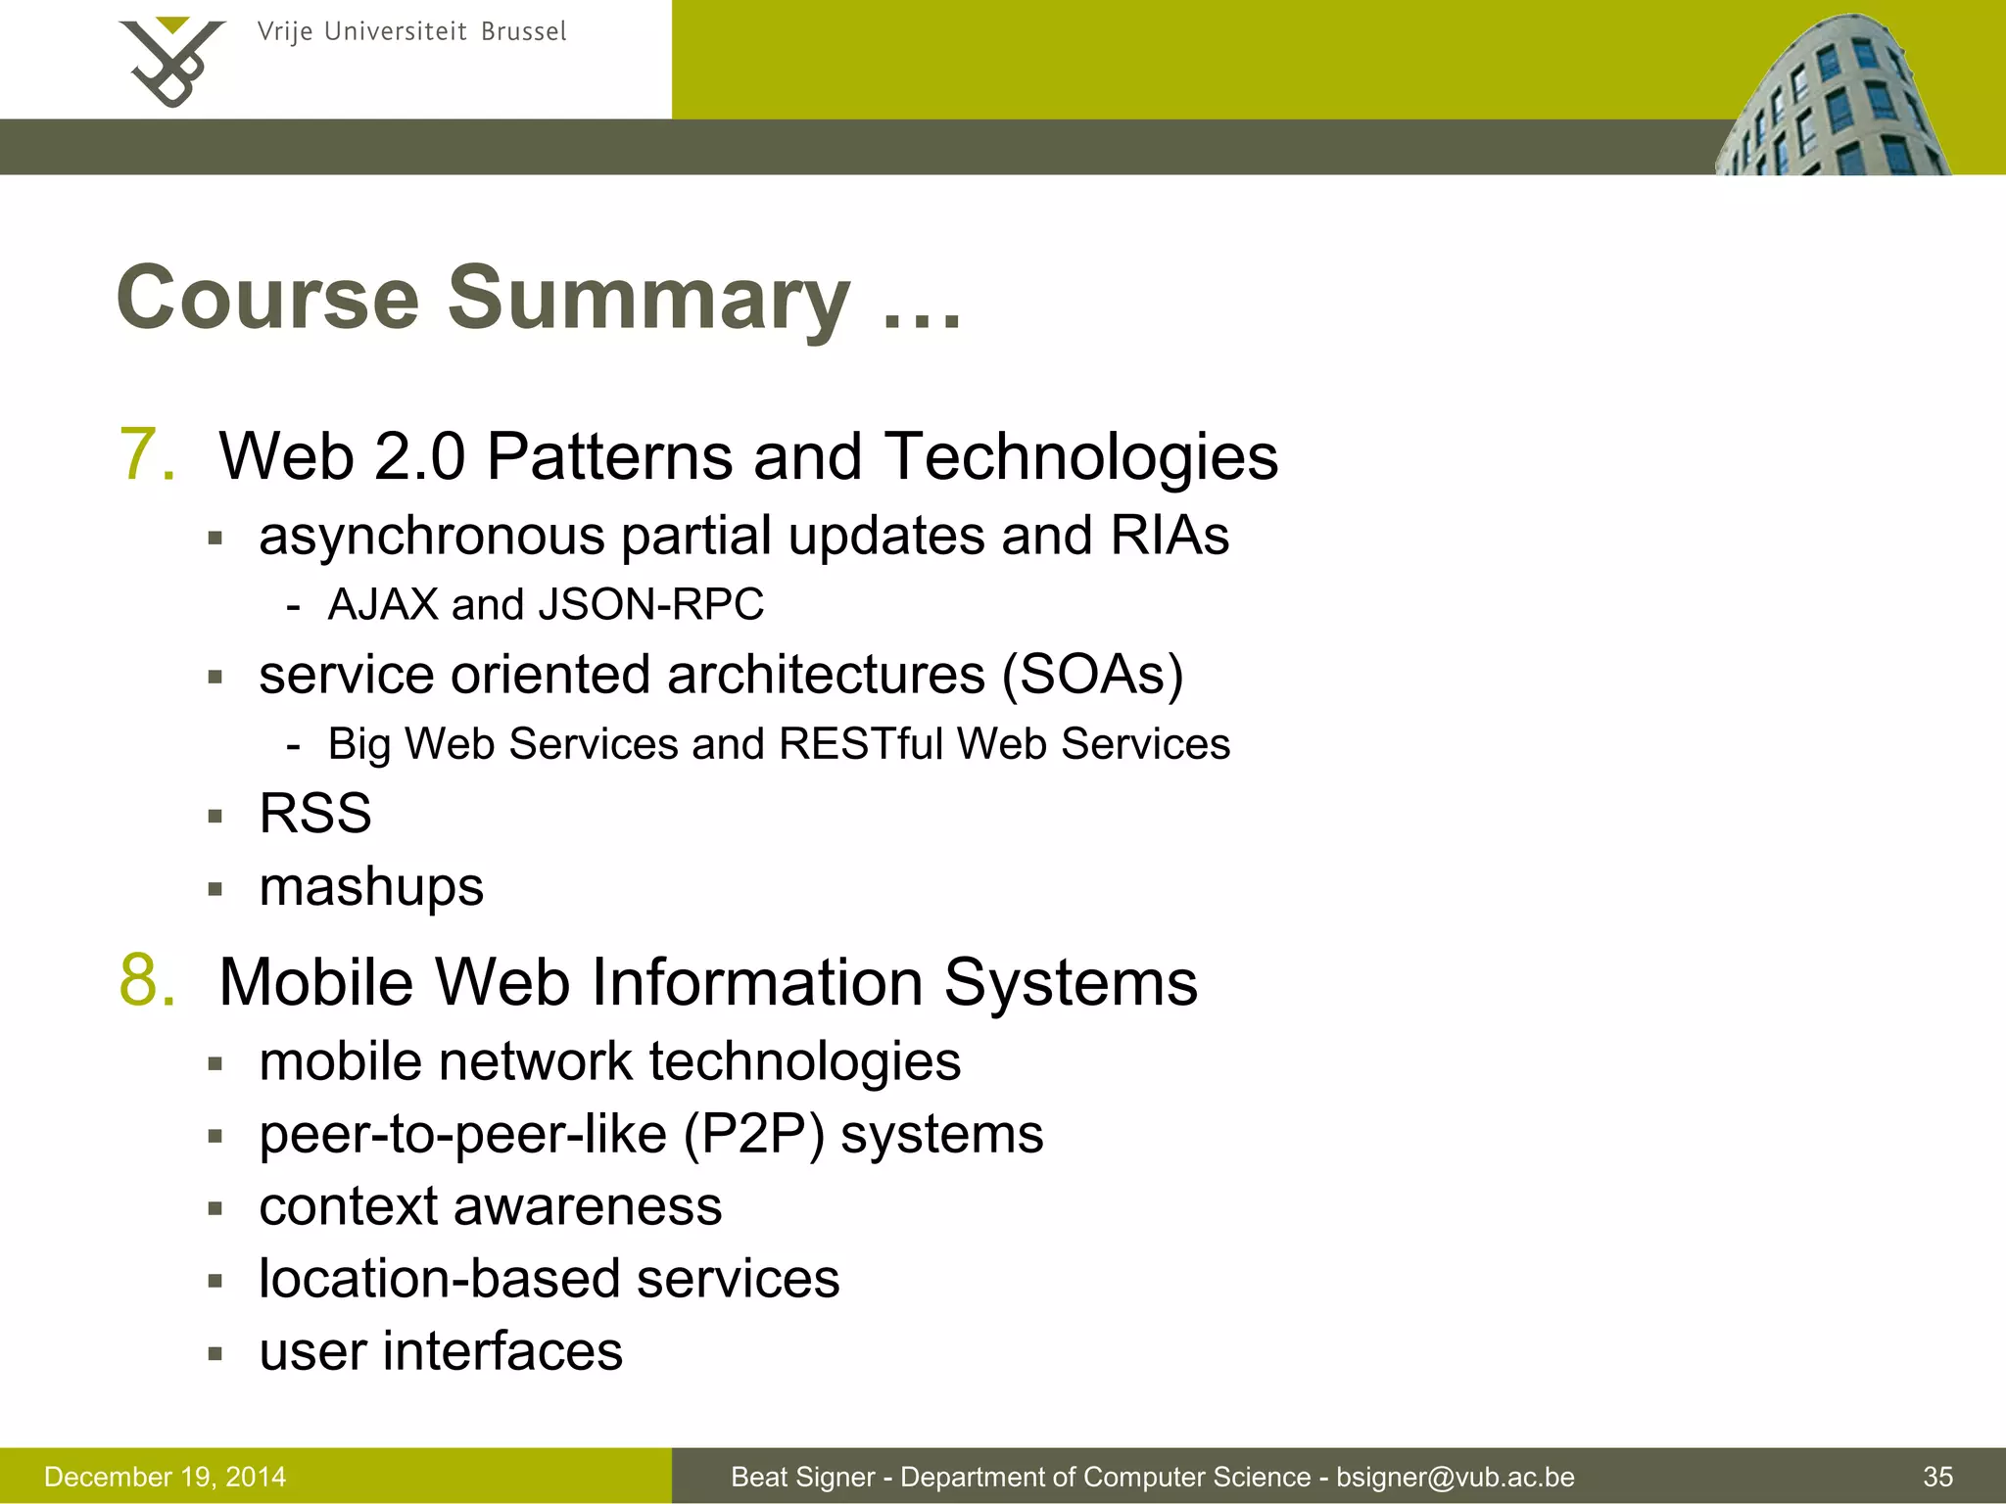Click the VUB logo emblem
[172, 61]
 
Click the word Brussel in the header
[524, 32]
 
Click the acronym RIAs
[1170, 536]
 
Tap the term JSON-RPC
[650, 604]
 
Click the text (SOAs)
[1092, 675]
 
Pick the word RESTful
[861, 744]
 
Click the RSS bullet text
[315, 814]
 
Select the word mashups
[371, 887]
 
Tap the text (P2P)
[753, 1135]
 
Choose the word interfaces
[502, 1352]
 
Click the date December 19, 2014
[166, 1477]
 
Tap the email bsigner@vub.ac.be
[1456, 1477]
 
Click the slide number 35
[1937, 1477]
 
